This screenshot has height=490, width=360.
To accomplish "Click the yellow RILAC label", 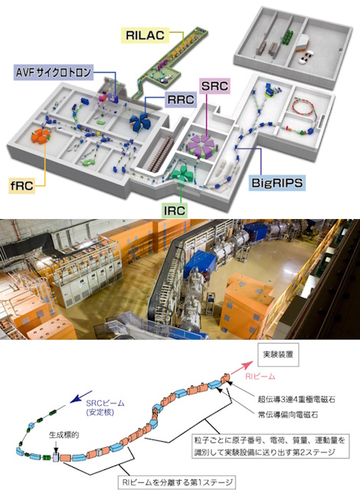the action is coord(145,35).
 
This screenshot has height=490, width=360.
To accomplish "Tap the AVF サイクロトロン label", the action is coord(54,73).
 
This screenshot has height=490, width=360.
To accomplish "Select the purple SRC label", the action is coord(214,86).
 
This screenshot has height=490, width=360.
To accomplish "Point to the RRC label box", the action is coord(181,100).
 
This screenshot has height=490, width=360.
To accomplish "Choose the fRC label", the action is coord(21,185).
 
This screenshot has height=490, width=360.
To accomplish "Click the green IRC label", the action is coord(175,211).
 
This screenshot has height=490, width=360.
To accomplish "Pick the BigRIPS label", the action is coord(277,182).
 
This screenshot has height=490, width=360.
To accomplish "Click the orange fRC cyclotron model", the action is coord(41,136).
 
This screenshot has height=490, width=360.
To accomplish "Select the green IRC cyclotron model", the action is coord(181,175).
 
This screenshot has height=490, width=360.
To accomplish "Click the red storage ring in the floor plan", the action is coord(303,106).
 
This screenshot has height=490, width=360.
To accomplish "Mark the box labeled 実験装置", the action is coord(278,355).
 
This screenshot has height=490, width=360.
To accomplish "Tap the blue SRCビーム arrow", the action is coord(81,397).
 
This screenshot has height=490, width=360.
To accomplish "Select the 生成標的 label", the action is coord(64,435).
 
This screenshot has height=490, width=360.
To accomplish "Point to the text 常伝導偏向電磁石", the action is coord(288,415).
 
